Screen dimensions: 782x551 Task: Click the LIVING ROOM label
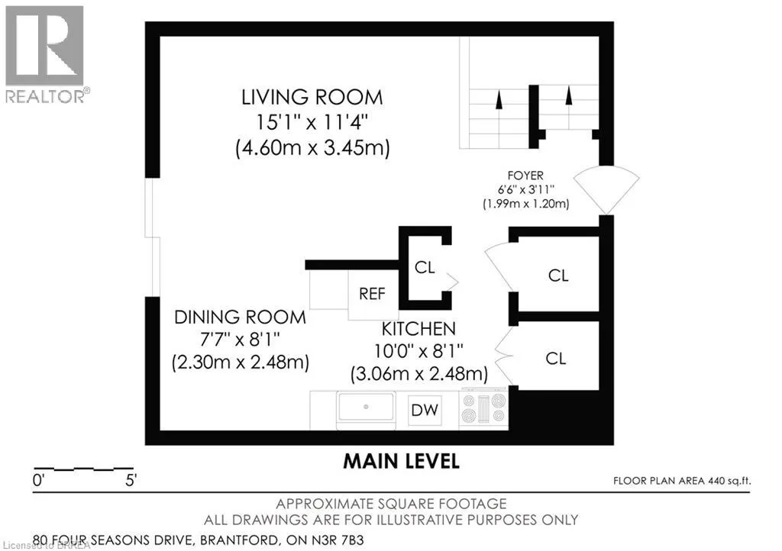click(x=312, y=97)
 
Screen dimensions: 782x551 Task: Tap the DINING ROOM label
click(x=240, y=317)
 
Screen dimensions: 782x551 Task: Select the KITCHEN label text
click(x=418, y=329)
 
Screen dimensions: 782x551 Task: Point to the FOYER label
click(x=525, y=176)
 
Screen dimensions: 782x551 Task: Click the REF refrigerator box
click(x=373, y=295)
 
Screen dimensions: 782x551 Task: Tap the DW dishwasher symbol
click(x=425, y=410)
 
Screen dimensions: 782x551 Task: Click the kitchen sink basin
click(x=366, y=407)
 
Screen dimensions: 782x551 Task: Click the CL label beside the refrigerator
click(x=425, y=268)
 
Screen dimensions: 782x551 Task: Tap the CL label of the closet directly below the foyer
click(x=558, y=275)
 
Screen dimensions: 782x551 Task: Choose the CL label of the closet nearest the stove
click(x=556, y=358)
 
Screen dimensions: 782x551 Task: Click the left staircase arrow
click(x=499, y=99)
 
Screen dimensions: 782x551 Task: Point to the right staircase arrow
click(x=568, y=95)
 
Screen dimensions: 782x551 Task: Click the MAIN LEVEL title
click(x=402, y=461)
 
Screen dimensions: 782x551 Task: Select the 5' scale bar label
click(x=131, y=481)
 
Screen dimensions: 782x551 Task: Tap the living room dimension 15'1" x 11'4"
click(x=312, y=122)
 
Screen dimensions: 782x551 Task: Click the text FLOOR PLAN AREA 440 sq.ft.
click(x=682, y=481)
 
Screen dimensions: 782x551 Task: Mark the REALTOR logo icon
click(x=44, y=46)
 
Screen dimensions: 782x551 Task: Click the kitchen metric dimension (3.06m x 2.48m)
click(x=419, y=374)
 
